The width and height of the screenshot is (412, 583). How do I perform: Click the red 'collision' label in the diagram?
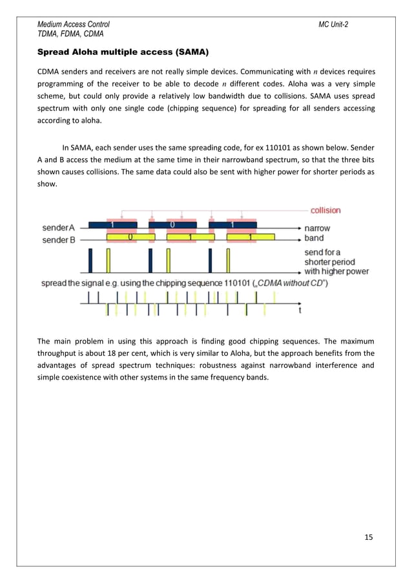tap(325, 210)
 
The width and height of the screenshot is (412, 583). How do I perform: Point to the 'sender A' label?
tap(61, 228)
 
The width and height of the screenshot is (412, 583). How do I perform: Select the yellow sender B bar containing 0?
tap(130, 238)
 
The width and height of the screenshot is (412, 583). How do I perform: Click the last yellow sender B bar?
tap(249, 238)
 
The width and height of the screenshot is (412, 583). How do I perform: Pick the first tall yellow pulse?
tap(108, 261)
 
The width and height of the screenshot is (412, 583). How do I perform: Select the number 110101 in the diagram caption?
tap(223, 283)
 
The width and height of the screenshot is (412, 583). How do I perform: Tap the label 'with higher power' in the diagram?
tap(336, 271)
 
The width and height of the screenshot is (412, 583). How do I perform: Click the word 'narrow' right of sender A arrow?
tap(318, 228)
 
